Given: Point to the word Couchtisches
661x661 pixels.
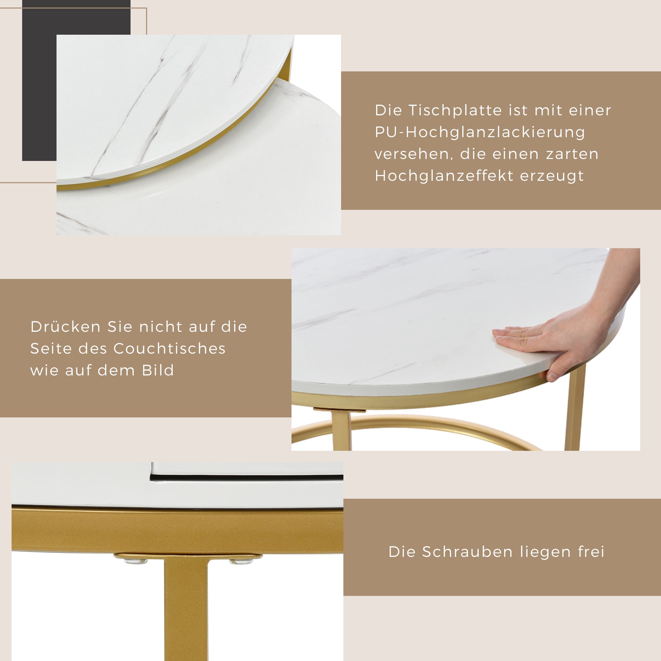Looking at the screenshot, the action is (x=169, y=349).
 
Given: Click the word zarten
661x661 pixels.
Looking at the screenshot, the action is (x=572, y=154).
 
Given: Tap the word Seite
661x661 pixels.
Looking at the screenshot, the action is (x=51, y=349).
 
